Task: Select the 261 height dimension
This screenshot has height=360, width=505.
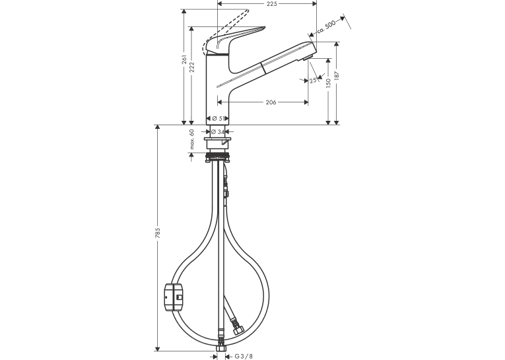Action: point(184,59)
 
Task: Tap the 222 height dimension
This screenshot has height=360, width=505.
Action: point(192,67)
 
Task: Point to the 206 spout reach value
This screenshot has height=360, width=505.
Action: point(271,102)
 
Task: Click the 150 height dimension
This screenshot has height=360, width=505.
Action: point(328,83)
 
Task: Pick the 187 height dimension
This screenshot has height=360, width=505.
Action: point(337,75)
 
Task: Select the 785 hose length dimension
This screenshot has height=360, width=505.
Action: point(158,233)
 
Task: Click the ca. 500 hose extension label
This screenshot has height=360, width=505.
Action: point(326,26)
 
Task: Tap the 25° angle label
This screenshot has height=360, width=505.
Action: point(314,80)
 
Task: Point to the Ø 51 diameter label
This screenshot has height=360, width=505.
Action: point(217,119)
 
